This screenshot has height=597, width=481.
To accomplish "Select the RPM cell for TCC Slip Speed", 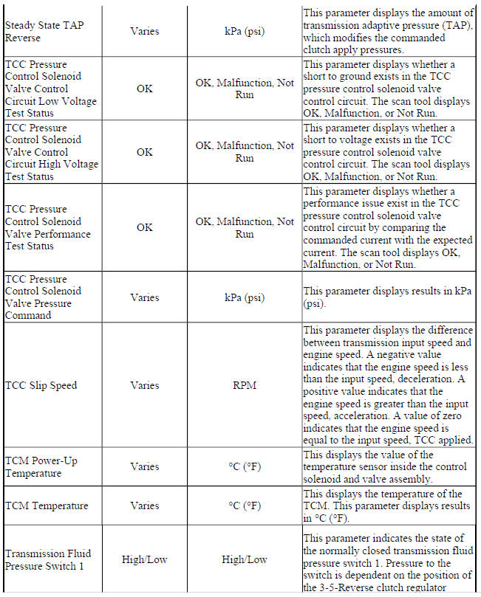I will click(245, 385).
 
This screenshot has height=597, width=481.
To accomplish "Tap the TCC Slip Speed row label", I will click(41, 385).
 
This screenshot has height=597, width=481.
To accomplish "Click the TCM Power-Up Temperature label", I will click(41, 466).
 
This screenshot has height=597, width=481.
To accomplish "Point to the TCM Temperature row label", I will click(47, 505).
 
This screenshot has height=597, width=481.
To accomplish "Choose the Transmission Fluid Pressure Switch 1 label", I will click(44, 560).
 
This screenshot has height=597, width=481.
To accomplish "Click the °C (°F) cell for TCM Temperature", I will click(245, 505).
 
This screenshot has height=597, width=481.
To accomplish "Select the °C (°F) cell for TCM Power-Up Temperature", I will click(245, 466).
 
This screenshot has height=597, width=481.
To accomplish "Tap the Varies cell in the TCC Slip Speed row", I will click(145, 385).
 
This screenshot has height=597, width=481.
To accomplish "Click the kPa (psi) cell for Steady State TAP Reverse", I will click(245, 32).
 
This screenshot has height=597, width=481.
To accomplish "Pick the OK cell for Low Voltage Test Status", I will click(145, 89).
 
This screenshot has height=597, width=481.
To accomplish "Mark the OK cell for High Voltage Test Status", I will click(145, 152).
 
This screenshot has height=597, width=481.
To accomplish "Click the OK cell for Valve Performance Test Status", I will click(145, 227).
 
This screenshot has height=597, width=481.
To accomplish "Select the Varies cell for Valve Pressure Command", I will click(145, 297).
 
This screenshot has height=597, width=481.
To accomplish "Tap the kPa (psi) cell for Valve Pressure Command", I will click(245, 297).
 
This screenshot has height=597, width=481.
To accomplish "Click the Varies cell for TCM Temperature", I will click(145, 505).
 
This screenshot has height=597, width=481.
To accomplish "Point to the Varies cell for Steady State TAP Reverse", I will click(145, 32).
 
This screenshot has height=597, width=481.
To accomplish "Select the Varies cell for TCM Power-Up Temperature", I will click(145, 466).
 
